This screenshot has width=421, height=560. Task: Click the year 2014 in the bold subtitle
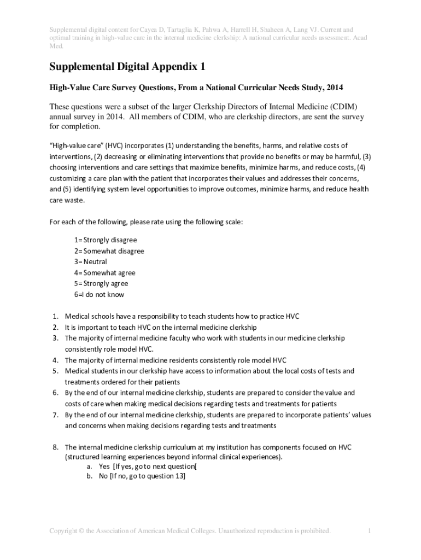(334, 87)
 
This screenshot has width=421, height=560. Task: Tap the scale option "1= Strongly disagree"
(106, 240)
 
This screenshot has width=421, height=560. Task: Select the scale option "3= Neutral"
(91, 262)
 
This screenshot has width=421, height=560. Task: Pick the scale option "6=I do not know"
(100, 295)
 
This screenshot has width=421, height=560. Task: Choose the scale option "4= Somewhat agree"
(105, 273)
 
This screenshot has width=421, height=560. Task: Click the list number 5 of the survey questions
(55, 371)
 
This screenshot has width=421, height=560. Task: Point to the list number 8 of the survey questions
(55, 447)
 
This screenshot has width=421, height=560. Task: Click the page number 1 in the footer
(370, 531)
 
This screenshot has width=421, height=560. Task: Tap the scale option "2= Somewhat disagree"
(109, 251)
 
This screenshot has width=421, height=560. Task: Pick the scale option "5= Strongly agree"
(102, 284)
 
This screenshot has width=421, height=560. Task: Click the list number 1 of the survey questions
(55, 316)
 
